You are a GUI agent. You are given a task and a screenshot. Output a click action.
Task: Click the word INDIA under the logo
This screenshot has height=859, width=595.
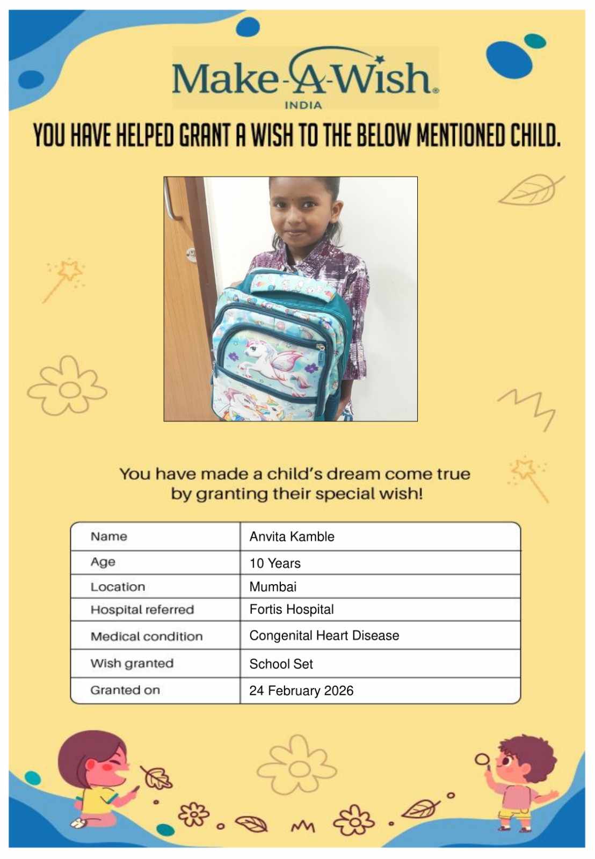[x=303, y=105]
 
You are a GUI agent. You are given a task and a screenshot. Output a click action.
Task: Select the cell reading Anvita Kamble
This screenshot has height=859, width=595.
[x=292, y=536]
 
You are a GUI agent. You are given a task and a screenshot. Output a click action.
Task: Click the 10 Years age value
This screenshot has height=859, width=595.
[x=275, y=563]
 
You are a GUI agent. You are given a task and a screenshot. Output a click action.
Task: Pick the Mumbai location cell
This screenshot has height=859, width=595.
[x=273, y=587]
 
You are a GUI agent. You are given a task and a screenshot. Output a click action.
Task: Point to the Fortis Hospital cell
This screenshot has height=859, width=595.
[x=292, y=609]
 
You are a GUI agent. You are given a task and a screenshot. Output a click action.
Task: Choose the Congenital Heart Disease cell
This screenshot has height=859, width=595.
[x=324, y=636]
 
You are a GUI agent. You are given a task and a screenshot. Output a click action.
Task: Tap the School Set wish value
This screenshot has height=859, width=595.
[x=281, y=664]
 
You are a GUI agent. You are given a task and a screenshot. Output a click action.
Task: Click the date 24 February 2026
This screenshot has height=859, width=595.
[x=301, y=691]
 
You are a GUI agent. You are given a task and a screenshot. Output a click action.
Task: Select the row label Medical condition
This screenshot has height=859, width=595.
[x=147, y=637]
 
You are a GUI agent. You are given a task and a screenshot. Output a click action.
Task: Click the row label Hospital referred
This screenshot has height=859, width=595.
[x=142, y=610]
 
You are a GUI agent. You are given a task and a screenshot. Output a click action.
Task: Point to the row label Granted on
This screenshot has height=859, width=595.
[x=125, y=690]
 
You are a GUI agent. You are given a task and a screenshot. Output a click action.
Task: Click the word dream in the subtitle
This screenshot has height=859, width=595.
[x=354, y=474]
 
